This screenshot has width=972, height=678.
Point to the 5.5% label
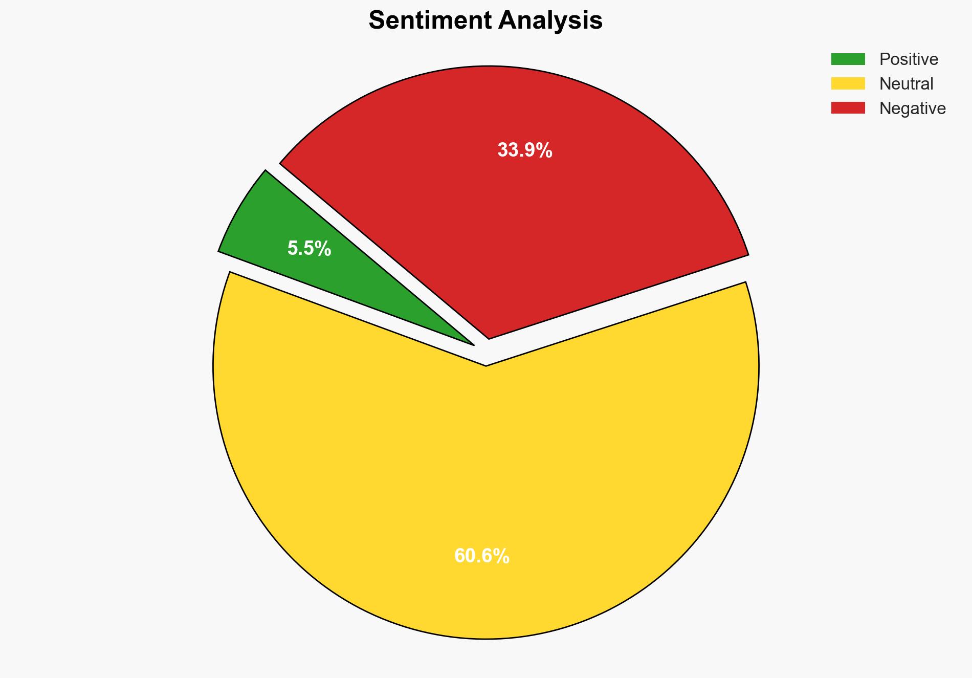tap(309, 249)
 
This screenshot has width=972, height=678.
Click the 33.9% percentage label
tap(525, 150)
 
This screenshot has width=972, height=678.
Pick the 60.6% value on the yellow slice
tap(481, 556)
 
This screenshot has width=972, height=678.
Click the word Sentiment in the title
tap(430, 20)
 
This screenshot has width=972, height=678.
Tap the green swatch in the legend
tap(848, 59)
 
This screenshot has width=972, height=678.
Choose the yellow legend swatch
tap(848, 83)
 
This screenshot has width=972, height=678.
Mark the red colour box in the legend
tap(848, 108)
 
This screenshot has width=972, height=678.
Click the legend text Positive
tap(909, 59)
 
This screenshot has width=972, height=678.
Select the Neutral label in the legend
tap(906, 84)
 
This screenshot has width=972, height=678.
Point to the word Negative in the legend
tap(912, 108)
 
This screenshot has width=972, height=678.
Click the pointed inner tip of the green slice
tap(473, 344)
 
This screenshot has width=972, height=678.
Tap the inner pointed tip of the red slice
tap(489, 338)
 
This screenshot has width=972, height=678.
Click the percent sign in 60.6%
tap(501, 556)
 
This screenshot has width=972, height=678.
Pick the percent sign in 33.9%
tap(544, 150)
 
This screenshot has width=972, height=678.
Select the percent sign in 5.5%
tap(323, 249)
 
